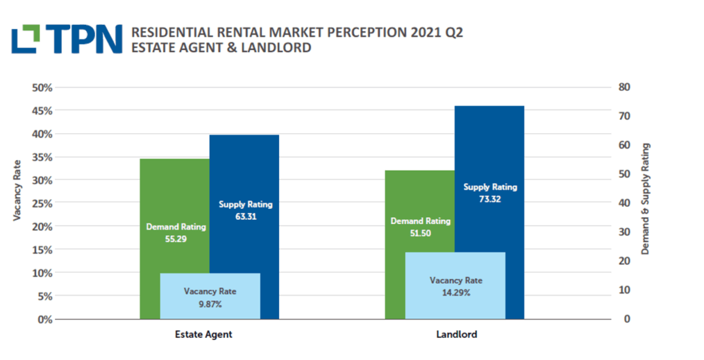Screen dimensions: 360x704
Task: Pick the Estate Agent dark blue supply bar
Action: [245, 172]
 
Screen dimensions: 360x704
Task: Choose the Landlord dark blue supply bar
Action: [489, 151]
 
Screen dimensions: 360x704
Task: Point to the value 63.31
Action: [245, 216]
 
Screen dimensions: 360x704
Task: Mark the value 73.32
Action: [490, 199]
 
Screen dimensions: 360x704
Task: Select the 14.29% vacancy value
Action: [456, 293]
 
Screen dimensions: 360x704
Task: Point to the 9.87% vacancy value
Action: [210, 304]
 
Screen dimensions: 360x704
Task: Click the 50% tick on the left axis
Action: [43, 87]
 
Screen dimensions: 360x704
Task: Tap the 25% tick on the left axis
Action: [43, 203]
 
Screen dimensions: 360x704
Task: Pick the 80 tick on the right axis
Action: [624, 87]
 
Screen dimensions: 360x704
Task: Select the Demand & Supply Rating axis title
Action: [646, 199]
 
